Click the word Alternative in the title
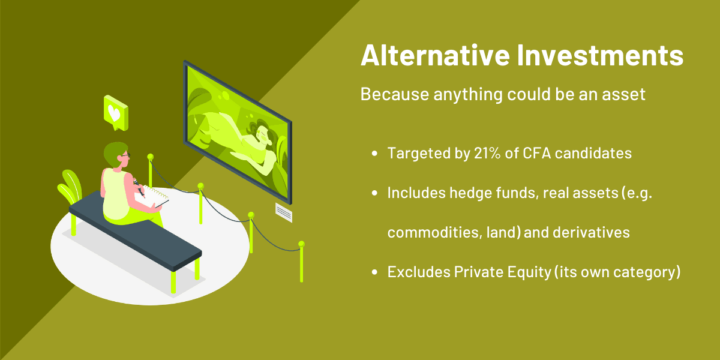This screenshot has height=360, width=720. click(435, 55)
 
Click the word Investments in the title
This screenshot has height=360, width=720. click(600, 55)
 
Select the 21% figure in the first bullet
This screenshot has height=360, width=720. click(487, 153)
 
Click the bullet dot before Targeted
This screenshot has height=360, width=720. click(374, 154)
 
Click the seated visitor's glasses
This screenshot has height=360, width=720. click(125, 156)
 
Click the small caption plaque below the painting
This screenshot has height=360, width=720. click(284, 212)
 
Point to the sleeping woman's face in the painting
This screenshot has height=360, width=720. click(264, 136)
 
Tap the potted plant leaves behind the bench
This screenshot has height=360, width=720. click(70, 187)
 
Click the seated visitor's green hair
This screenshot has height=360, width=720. click(114, 153)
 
